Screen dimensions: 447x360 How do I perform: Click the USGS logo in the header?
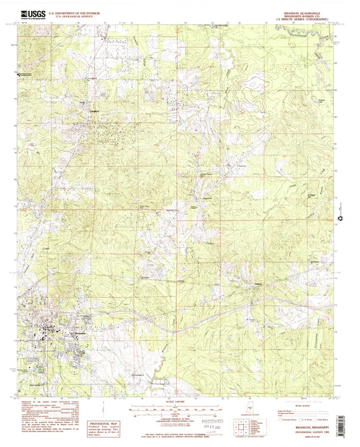click(x=26, y=12)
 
